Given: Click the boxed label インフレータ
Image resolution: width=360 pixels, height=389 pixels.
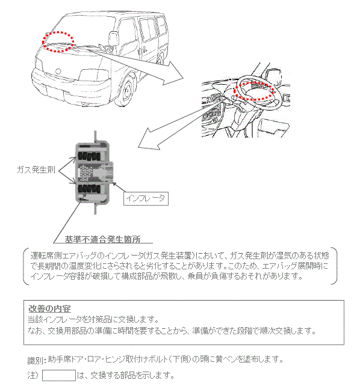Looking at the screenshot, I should pyautogui.click(x=144, y=197).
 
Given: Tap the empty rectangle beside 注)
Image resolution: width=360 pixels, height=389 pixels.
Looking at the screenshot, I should pyautogui.click(x=58, y=376).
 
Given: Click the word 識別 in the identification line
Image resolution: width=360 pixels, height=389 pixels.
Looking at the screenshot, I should pyautogui.click(x=36, y=360).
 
